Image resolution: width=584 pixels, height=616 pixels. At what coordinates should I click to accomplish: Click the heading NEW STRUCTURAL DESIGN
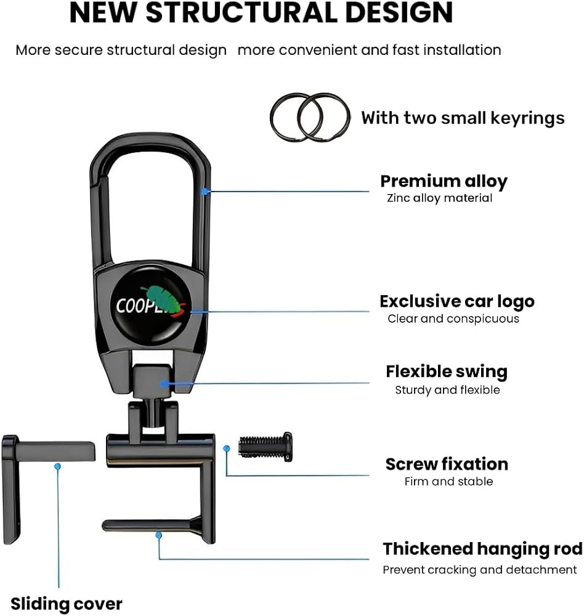[x=261, y=12]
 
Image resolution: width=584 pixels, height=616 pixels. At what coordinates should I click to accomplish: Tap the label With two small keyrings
[x=463, y=118]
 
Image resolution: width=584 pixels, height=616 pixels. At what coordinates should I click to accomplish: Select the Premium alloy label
[x=444, y=182]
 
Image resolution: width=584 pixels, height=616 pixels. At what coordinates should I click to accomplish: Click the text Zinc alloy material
[x=439, y=198]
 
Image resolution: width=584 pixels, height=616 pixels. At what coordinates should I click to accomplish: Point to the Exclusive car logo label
[x=457, y=301]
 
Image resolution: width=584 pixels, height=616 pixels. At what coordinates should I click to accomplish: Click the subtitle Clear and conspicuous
[x=453, y=318]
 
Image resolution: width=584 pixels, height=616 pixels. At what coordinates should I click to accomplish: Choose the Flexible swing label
[x=447, y=371]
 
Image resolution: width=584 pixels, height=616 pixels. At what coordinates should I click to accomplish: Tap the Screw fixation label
[x=447, y=464]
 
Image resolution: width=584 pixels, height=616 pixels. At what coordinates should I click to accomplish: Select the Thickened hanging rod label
[x=482, y=549]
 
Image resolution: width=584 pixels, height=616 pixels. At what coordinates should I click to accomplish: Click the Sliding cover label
[x=67, y=604]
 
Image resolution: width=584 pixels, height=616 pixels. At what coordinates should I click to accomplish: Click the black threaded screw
[x=266, y=447]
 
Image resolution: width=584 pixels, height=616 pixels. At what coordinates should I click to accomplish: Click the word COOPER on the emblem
[x=145, y=306]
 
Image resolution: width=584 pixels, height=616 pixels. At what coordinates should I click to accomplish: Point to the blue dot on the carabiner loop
[x=205, y=192]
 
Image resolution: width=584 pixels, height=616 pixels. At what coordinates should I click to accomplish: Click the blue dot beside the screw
[x=226, y=448]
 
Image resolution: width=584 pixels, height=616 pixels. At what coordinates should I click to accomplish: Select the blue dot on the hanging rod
[x=159, y=535]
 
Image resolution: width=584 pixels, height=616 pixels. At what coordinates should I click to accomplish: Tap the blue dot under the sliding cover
[x=58, y=466]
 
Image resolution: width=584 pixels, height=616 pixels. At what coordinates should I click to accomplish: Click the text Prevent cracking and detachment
[x=480, y=570]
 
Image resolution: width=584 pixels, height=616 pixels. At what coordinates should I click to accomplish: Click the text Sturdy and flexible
[x=447, y=390]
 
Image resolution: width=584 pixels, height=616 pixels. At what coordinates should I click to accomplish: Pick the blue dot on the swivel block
[x=163, y=383]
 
